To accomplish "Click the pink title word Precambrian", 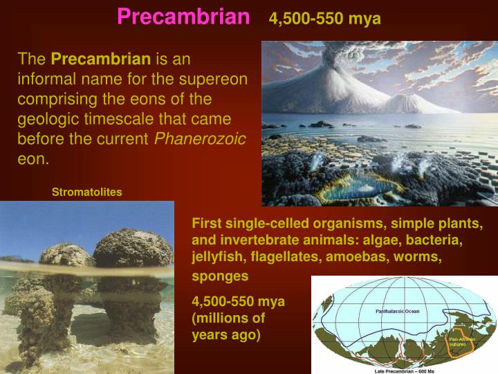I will coord(183,17).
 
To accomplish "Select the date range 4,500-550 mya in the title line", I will coord(324,19).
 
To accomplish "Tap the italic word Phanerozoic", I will coord(200,139).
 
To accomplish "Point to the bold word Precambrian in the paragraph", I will coord(100,60).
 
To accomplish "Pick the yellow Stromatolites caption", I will coord(87,192).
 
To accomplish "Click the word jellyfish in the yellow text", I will coord(218,257).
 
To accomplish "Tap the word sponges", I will coord(220,276).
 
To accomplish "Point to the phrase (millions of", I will coord(228,319).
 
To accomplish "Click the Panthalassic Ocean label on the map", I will coord(397,311).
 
